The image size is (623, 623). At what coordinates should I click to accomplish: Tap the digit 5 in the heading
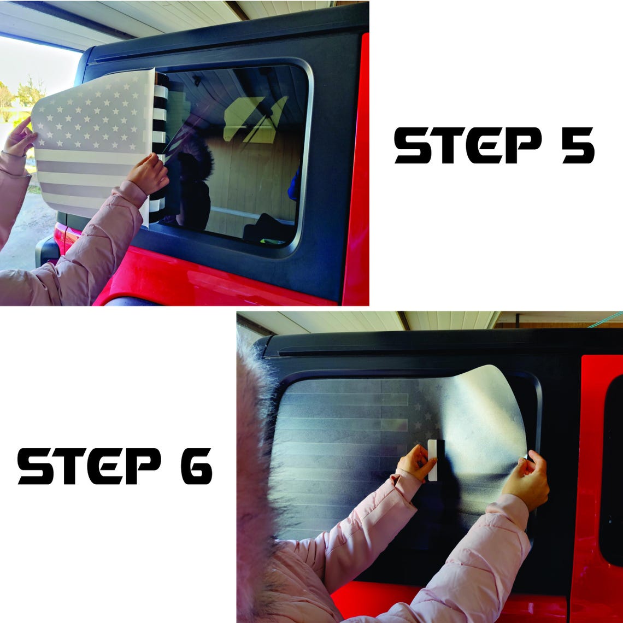(x=578, y=145)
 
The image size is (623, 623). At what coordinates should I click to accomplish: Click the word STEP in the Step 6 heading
(x=90, y=466)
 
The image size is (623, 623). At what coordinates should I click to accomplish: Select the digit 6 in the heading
(x=197, y=466)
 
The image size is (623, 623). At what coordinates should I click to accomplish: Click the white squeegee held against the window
(x=433, y=460)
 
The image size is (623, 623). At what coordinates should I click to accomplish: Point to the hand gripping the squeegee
(x=416, y=463)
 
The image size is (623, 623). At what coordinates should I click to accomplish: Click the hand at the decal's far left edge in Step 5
(x=19, y=138)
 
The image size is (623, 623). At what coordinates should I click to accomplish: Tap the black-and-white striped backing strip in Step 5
(x=159, y=147)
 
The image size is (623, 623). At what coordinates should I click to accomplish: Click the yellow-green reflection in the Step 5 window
(x=254, y=119)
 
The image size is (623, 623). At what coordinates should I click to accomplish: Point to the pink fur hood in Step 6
(x=254, y=477)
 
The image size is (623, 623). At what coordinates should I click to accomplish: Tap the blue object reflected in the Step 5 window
(x=295, y=185)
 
